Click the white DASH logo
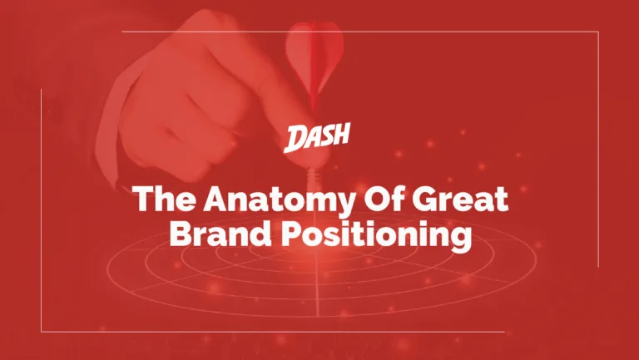[x=317, y=138]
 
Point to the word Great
[x=460, y=199]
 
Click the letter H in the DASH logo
[x=340, y=135]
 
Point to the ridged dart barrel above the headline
[x=314, y=176]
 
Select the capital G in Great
[x=424, y=199]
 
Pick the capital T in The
[x=144, y=199]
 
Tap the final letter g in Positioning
[x=462, y=239]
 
